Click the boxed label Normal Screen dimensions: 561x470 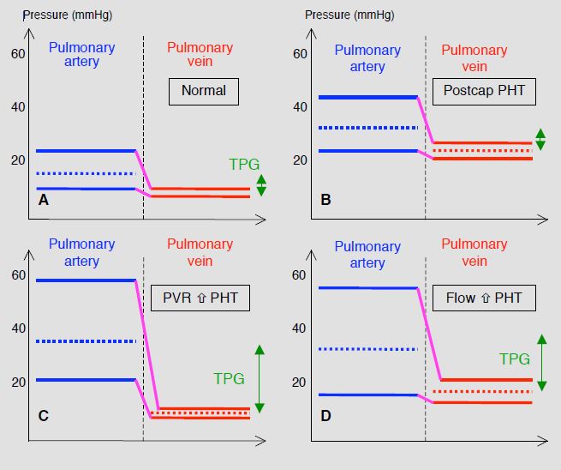[204, 92]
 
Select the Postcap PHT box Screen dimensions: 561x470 [484, 92]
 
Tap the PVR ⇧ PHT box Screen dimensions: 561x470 [200, 298]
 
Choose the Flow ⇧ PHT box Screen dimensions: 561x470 [484, 298]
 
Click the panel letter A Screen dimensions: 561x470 [44, 200]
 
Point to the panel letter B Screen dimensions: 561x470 [325, 200]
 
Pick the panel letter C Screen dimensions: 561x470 [44, 416]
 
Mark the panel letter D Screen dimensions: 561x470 [325, 416]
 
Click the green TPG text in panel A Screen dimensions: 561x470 [244, 164]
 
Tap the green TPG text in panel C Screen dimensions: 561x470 [229, 378]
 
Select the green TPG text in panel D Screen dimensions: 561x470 [515, 359]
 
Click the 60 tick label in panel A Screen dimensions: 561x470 [18, 54]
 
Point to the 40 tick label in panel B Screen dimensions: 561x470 [300, 106]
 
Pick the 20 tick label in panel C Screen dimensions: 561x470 [18, 383]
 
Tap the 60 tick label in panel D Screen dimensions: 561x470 [299, 275]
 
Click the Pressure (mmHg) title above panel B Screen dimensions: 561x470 [349, 15]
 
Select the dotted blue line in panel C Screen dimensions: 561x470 [87, 341]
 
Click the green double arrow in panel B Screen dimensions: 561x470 [540, 139]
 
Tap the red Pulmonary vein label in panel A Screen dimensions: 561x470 [200, 54]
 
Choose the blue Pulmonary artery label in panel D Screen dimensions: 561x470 [367, 255]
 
